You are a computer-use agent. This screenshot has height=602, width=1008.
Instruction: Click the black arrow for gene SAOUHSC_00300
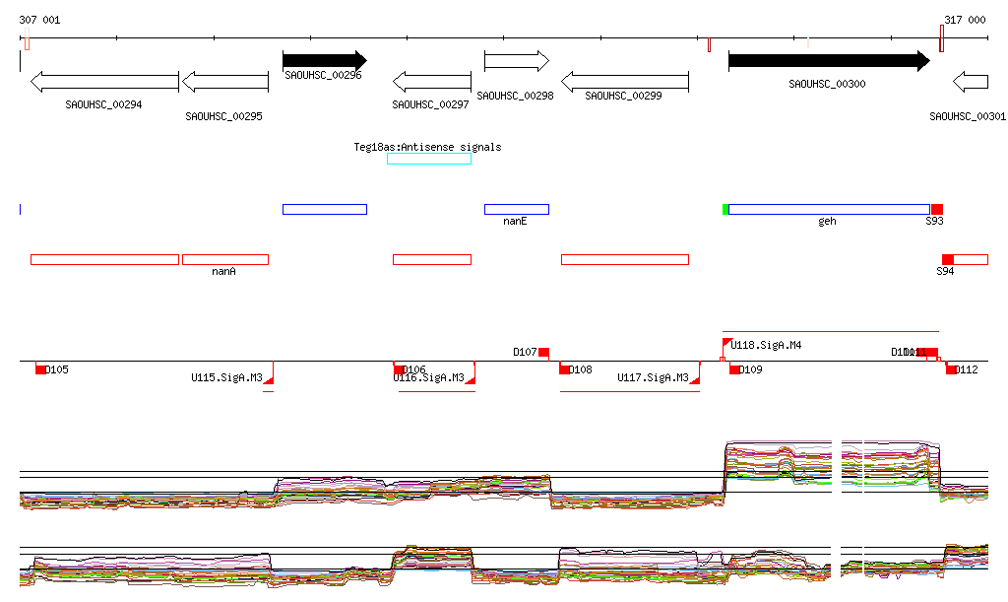click(828, 61)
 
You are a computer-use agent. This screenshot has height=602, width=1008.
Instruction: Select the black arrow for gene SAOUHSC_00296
click(324, 60)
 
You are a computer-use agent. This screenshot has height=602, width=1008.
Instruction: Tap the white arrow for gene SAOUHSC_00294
click(104, 81)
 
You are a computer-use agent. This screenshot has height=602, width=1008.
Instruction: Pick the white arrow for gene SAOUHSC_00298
click(516, 61)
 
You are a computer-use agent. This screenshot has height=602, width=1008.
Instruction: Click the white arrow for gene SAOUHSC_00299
click(624, 81)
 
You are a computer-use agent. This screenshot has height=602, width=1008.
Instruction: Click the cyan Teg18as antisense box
click(429, 159)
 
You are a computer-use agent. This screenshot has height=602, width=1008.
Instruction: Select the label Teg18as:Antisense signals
click(427, 147)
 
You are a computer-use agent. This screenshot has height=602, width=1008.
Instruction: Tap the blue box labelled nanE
click(516, 209)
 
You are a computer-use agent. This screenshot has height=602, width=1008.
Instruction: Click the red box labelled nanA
click(224, 259)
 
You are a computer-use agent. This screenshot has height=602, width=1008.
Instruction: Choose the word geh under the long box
click(827, 221)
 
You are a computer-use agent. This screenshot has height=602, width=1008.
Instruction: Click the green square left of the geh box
click(725, 209)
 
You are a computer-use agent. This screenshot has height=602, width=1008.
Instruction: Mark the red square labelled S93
click(937, 209)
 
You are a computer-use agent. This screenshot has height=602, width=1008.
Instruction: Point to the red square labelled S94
click(948, 259)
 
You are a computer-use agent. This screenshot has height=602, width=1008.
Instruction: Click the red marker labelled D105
click(40, 368)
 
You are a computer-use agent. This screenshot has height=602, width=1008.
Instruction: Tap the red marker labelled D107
click(543, 352)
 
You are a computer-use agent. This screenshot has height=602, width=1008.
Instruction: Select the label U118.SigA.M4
click(766, 345)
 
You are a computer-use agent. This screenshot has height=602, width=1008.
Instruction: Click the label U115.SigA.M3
click(226, 377)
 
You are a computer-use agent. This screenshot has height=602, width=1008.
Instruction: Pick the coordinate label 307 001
click(39, 20)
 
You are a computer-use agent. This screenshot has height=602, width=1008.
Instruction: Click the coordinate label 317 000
click(965, 20)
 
